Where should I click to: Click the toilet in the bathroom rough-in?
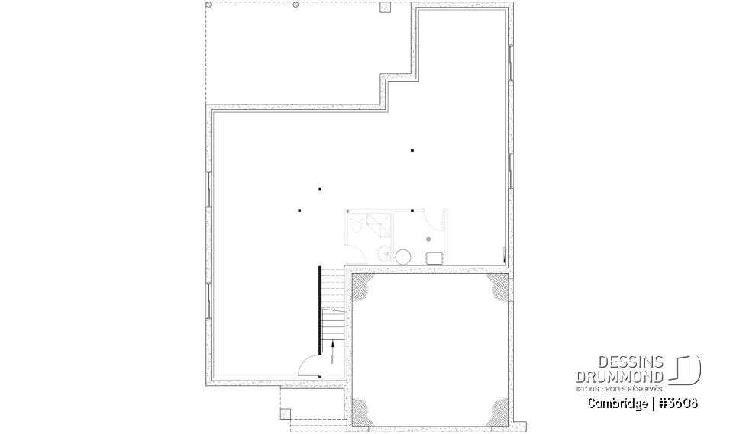(x=356, y=227)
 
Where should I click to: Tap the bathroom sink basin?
(x=386, y=255)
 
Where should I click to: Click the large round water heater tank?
(x=402, y=256)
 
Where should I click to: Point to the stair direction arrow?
(x=334, y=352)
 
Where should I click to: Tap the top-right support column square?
(x=412, y=150)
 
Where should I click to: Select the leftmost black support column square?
(x=300, y=210)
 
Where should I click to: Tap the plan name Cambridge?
(x=616, y=403)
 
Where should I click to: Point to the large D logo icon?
(x=687, y=369)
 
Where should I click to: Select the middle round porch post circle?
(x=295, y=5)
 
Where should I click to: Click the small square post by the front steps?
(x=286, y=414)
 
